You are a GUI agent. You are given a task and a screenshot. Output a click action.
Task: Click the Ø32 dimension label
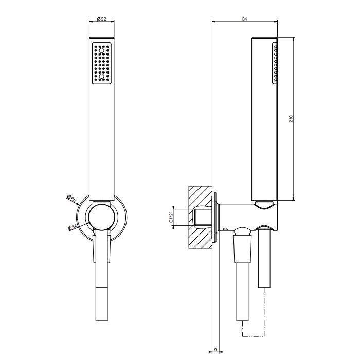pos(101,19)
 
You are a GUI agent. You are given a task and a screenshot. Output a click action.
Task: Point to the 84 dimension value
pos(244,19)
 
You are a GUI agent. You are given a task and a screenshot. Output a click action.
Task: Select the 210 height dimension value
pos(291,118)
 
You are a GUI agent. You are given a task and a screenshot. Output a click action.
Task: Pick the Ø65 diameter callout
pos(73,199)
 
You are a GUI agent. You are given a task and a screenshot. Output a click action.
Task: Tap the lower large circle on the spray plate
pos(101,77)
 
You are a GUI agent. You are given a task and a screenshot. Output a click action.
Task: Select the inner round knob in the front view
pos(101,217)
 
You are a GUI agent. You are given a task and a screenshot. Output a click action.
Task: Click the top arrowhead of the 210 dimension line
pos(294,39)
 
